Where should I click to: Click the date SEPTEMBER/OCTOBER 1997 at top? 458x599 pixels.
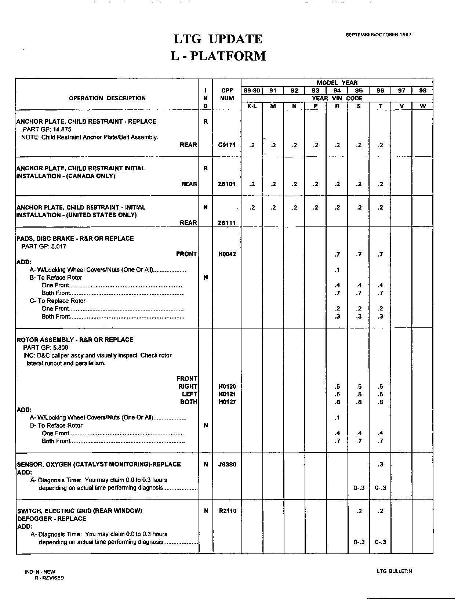[378, 35]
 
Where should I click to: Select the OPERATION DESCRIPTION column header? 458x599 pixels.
[107, 98]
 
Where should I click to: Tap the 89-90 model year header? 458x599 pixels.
[252, 91]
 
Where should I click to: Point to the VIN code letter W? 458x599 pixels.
[422, 106]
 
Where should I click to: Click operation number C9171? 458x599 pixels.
[227, 145]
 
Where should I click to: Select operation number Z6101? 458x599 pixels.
[227, 184]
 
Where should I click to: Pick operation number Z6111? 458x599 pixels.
[227, 223]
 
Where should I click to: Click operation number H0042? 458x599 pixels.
[227, 254]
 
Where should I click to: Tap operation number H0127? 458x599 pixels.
[227, 402]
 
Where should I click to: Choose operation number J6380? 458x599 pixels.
[227, 464]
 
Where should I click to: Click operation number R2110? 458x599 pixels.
[227, 511]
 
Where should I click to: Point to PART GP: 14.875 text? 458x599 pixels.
[47, 129]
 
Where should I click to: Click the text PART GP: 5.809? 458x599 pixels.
[46, 347]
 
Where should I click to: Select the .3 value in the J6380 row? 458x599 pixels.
[380, 464]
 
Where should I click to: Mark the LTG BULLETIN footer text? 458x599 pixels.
[394, 571]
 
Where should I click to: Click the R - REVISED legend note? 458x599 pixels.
[49, 578]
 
